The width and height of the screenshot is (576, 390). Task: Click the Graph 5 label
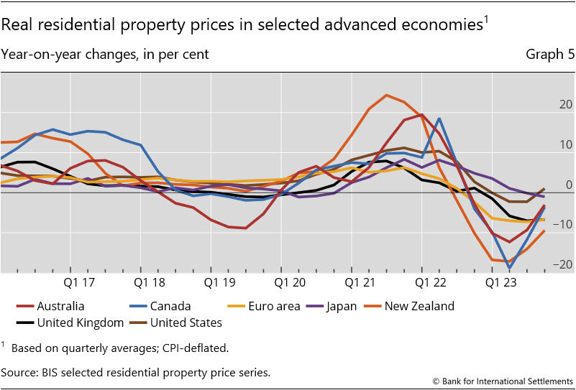pyautogui.click(x=550, y=55)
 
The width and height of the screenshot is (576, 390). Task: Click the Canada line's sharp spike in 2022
pyautogui.click(x=439, y=119)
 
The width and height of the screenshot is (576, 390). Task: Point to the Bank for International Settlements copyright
pyautogui.click(x=503, y=380)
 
